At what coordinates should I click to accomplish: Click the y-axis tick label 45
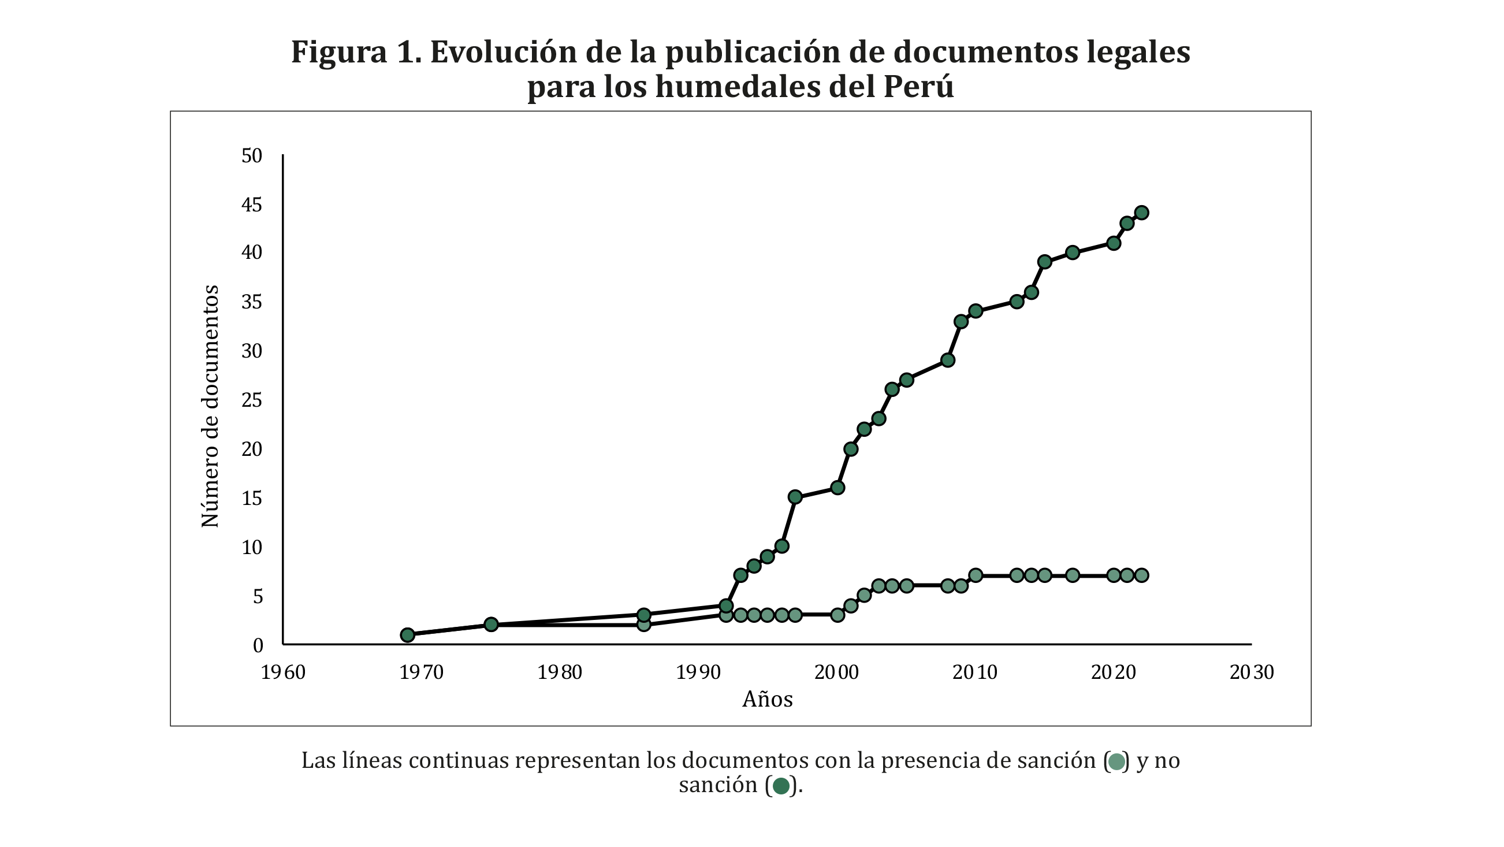[252, 205]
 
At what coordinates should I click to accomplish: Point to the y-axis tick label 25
[252, 401]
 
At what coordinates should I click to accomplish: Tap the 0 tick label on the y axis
[258, 645]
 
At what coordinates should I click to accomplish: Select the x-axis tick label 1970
[421, 673]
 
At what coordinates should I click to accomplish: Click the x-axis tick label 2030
[1252, 673]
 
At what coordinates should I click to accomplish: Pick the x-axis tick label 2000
[837, 673]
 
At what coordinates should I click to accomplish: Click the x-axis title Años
[767, 699]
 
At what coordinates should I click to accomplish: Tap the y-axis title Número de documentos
[210, 407]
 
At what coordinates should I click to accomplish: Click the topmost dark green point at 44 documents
[1141, 213]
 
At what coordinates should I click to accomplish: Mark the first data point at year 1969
[408, 635]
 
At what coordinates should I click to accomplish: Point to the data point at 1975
[491, 625]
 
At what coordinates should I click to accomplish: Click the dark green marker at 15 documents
[795, 497]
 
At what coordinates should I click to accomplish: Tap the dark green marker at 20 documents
[851, 449]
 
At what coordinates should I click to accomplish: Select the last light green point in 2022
[1141, 575]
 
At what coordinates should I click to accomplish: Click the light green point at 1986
[643, 625]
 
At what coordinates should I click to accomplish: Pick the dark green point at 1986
[643, 615]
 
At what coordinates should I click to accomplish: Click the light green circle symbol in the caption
[1116, 762]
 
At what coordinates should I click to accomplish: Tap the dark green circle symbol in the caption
[781, 787]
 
